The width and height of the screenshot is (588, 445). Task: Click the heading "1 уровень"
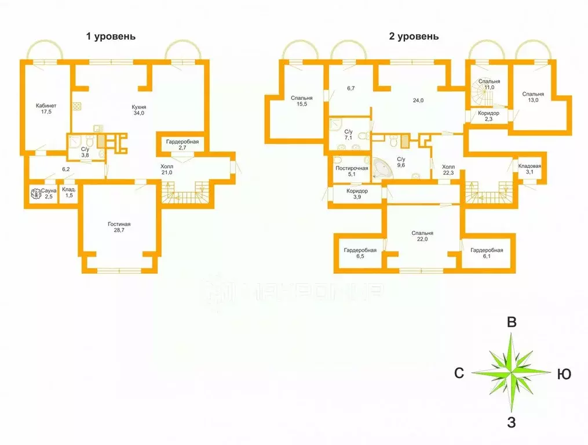[x=111, y=37]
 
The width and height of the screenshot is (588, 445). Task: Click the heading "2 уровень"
[x=414, y=37]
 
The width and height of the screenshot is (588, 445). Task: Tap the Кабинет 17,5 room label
[x=46, y=108]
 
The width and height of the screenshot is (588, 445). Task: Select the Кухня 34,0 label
[x=139, y=110]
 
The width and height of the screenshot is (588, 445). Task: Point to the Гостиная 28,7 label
[x=119, y=227]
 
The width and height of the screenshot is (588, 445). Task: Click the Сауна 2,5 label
[x=49, y=193]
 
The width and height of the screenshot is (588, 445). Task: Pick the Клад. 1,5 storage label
[x=69, y=193]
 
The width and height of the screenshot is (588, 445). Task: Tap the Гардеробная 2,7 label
[x=182, y=144]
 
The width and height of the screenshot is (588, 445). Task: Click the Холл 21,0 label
[x=167, y=169]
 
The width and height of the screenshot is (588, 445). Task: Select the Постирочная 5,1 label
[x=352, y=171]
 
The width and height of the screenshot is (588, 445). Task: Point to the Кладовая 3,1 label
[x=529, y=169]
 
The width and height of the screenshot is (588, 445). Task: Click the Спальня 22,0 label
[x=422, y=236]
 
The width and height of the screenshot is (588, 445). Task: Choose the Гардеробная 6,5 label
[x=360, y=253]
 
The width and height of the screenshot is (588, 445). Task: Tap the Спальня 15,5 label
[x=302, y=100]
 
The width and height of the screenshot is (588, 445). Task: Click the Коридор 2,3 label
[x=488, y=116]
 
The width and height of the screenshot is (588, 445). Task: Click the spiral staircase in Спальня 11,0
[x=481, y=93]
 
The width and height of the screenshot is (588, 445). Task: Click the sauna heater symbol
[x=35, y=194]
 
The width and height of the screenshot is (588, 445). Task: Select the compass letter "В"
[x=512, y=322]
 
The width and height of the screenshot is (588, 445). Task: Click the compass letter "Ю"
[x=564, y=374]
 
